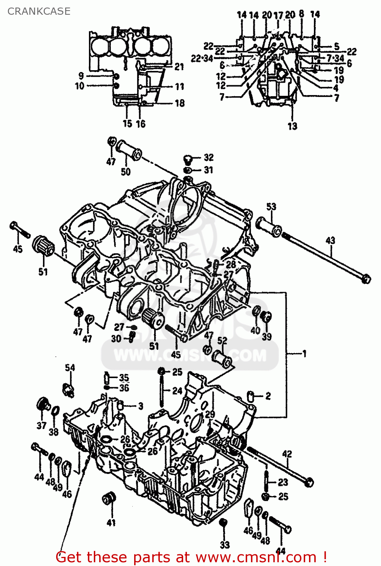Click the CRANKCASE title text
pos(39,11)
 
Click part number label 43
pos(330,240)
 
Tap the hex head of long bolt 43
pos(366,279)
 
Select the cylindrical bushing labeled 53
pos(268,226)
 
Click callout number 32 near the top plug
pos(208,157)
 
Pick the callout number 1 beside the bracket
pos(304,354)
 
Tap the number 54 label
pos(70,368)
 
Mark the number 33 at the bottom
pos(225,544)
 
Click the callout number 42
pos(287,454)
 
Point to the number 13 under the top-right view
pos(292,126)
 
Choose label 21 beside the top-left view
pos(179,67)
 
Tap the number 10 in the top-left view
pos(80,86)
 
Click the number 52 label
pos(222,340)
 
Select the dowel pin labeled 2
pos(250,396)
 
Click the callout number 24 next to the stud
pos(177,391)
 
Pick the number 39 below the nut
pos(267,336)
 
